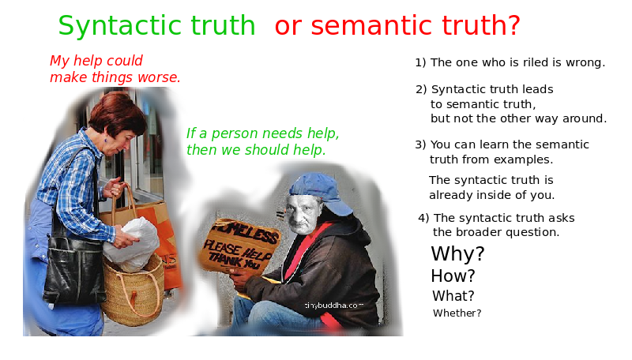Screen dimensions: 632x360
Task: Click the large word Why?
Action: pyautogui.click(x=457, y=253)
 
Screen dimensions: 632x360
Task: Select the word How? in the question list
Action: pyautogui.click(x=453, y=276)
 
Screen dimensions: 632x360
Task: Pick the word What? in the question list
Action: pyautogui.click(x=453, y=296)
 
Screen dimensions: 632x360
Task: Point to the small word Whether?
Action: pyautogui.click(x=457, y=313)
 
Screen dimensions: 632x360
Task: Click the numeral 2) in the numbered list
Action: pyautogui.click(x=421, y=89)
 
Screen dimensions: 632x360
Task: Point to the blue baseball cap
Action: pyautogui.click(x=322, y=193)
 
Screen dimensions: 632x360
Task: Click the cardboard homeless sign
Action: pyautogui.click(x=240, y=246)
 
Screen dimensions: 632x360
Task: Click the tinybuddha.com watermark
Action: pyautogui.click(x=333, y=306)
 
